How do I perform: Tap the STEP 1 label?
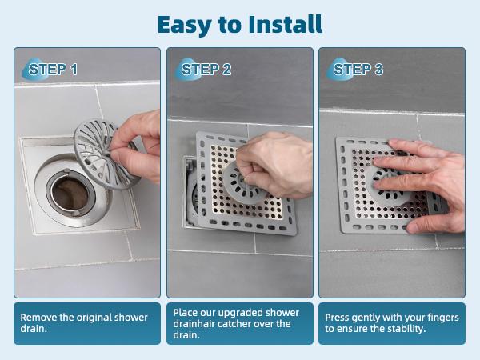[53, 70]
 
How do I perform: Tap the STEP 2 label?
[206, 70]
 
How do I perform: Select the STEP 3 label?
[358, 70]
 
